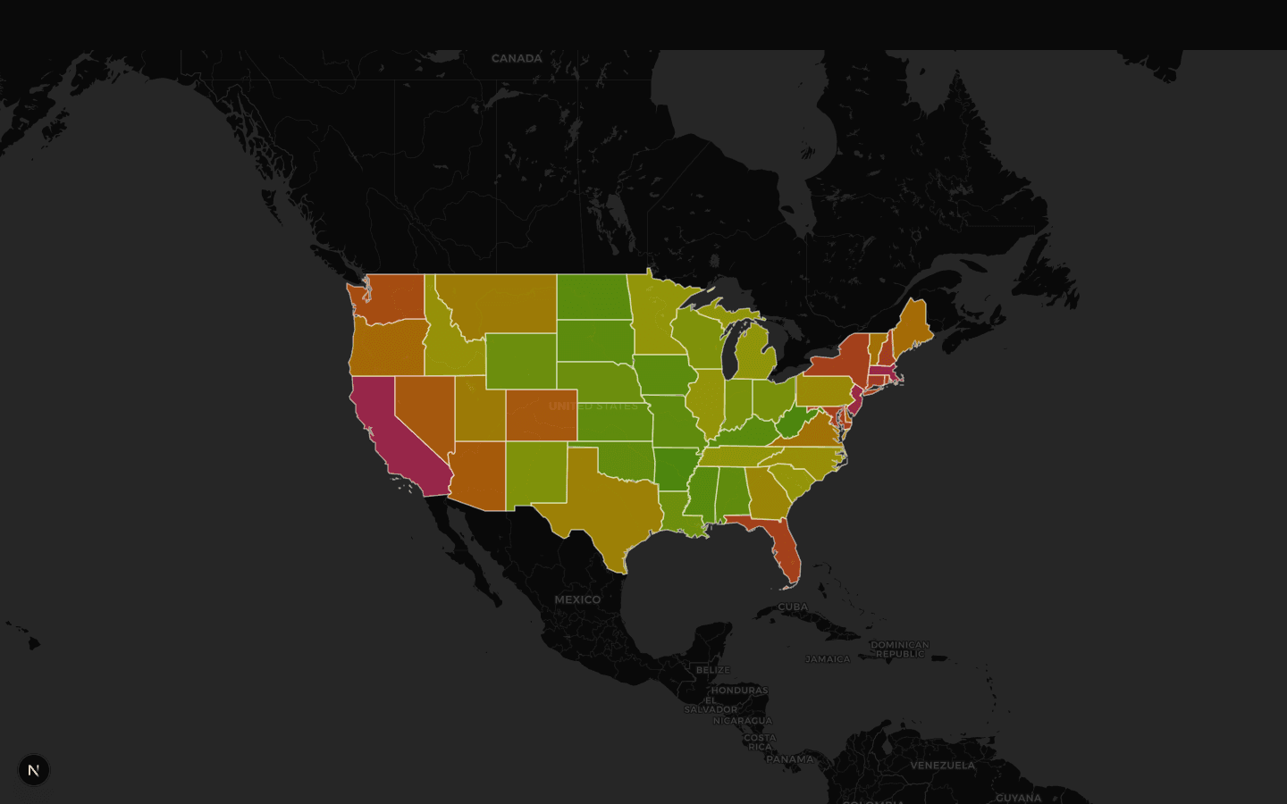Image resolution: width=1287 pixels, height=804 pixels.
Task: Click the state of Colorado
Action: click(541, 415)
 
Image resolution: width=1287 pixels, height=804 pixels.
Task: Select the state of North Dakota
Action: click(592, 297)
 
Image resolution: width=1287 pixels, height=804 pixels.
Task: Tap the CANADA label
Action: click(517, 59)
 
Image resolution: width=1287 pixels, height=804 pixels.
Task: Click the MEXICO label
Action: click(577, 599)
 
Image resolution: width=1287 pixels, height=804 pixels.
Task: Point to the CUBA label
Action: click(793, 607)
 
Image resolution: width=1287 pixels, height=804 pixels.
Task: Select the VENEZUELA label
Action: click(942, 766)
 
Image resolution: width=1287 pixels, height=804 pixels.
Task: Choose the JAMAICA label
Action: click(828, 659)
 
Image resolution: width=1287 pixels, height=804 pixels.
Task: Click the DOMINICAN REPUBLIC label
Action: click(900, 649)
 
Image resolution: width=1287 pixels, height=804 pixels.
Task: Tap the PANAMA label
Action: click(790, 759)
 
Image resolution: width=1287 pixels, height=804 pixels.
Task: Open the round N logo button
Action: click(34, 770)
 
